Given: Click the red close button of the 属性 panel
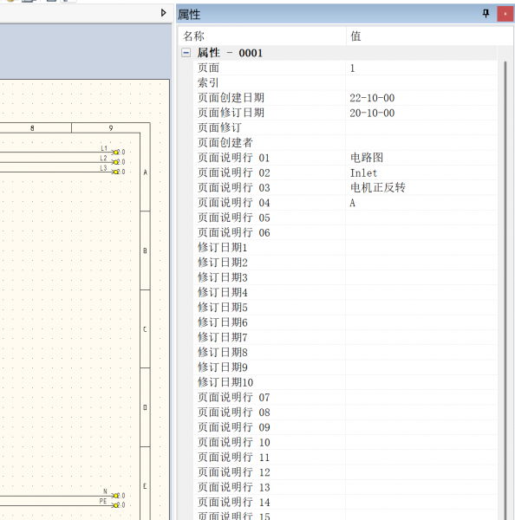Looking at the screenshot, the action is (x=505, y=14).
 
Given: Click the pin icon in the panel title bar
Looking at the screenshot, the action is (x=486, y=14).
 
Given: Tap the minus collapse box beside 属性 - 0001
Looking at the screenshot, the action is (x=186, y=53).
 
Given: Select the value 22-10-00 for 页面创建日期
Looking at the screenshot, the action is (x=372, y=98).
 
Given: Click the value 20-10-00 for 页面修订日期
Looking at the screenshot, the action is (x=372, y=113).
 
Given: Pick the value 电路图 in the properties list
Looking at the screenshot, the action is (x=367, y=158).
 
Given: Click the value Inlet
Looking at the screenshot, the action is (x=363, y=172).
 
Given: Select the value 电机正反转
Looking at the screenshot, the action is (x=378, y=188).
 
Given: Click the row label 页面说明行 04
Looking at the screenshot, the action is (x=234, y=203).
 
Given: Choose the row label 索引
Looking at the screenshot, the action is (x=208, y=82).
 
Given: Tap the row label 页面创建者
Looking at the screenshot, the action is (x=225, y=143).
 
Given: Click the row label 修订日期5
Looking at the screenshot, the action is (x=223, y=308).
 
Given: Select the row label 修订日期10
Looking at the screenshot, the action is (x=225, y=382).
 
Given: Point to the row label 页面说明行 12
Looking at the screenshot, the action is (x=234, y=472).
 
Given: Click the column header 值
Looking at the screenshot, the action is (x=355, y=36).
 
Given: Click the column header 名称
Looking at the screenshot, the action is (x=193, y=36).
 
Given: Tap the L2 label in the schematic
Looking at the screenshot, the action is (x=103, y=159).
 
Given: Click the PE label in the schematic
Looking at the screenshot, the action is (x=103, y=501).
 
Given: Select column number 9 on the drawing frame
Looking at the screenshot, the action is (x=111, y=128).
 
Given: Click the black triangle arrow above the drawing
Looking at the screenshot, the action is (x=163, y=13).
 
